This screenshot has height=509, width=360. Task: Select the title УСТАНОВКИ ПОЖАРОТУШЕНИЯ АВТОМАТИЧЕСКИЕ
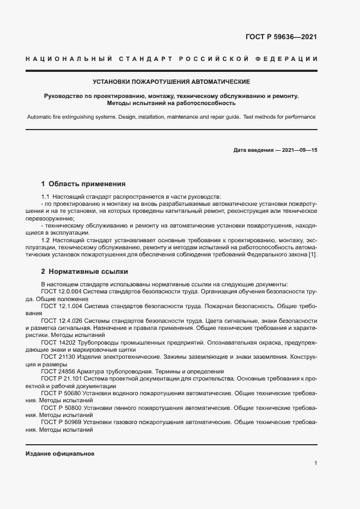click(172, 82)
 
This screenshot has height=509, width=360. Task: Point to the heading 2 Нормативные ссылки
click(84, 271)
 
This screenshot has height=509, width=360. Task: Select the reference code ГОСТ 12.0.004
click(62, 291)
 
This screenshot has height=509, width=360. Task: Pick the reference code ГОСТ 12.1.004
click(62, 306)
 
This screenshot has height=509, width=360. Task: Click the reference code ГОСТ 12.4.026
click(62, 321)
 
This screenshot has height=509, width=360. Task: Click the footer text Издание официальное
click(60, 453)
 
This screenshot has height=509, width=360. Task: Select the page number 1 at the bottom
click(315, 463)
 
